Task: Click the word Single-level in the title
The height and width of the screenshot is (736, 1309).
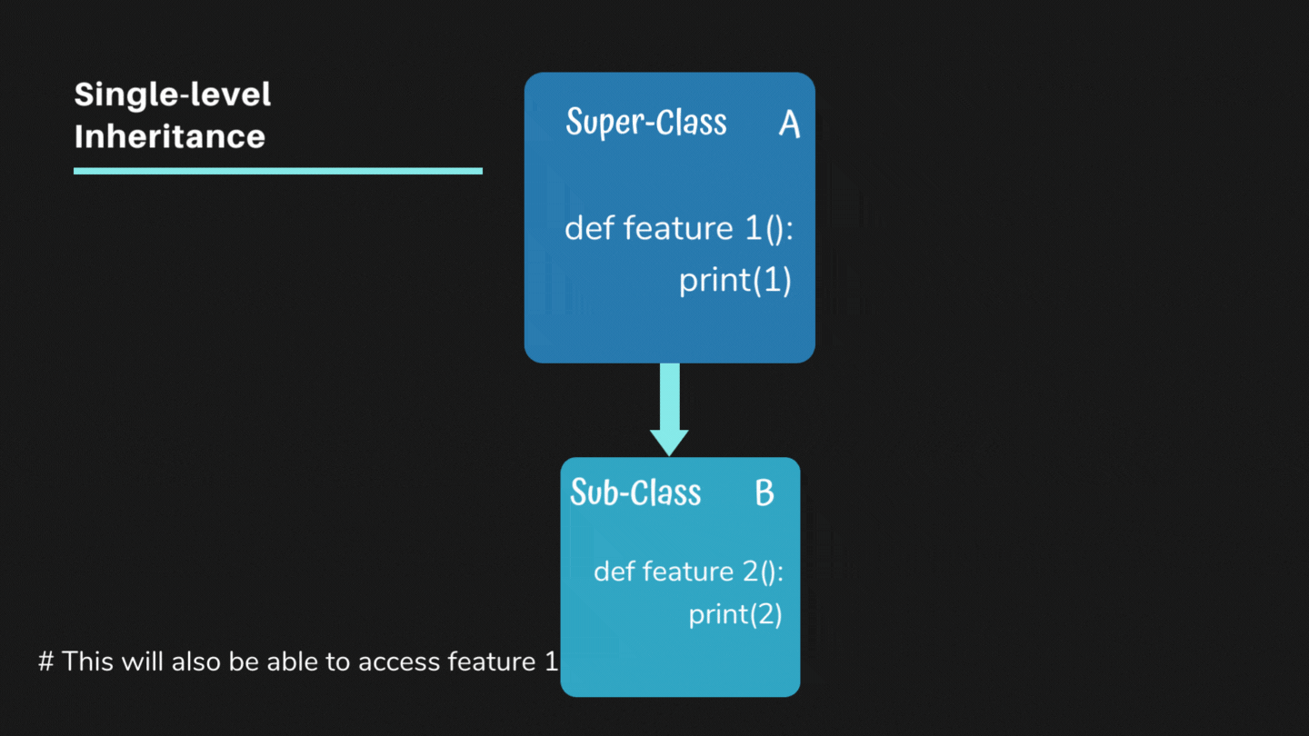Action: click(x=173, y=94)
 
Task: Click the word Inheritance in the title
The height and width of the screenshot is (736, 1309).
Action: click(x=169, y=136)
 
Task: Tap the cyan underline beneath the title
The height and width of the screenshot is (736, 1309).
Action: click(x=277, y=171)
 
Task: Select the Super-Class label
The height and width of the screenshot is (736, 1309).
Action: click(x=645, y=122)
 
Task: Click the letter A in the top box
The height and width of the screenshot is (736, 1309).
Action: click(x=789, y=124)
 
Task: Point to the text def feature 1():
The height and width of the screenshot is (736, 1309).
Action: click(x=678, y=228)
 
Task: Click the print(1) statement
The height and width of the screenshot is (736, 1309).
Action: click(x=734, y=281)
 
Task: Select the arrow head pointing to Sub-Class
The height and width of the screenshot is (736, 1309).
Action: click(x=669, y=442)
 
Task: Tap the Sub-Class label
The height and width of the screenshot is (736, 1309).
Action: click(x=635, y=492)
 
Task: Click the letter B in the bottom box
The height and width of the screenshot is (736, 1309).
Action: click(x=764, y=492)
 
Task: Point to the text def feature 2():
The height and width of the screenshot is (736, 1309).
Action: click(x=688, y=572)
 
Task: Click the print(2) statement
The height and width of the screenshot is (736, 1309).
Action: click(x=734, y=614)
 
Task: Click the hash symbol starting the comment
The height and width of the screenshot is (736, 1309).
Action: click(x=45, y=661)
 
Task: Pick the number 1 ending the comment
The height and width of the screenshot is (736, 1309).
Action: click(x=551, y=661)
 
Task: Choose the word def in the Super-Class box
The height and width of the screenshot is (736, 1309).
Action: click(x=590, y=228)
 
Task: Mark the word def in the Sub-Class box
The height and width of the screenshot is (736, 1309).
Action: click(x=615, y=572)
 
